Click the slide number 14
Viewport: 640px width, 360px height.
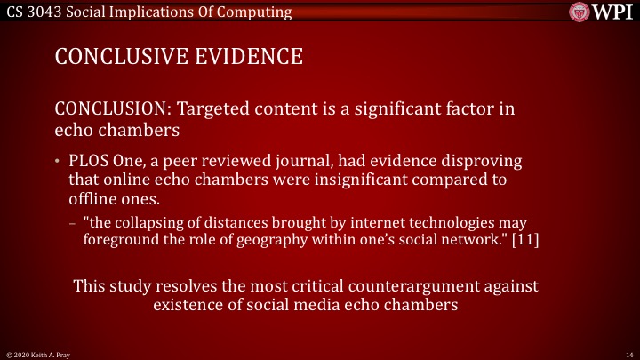click(x=628, y=354)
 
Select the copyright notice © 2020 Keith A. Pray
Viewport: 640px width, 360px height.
click(x=38, y=354)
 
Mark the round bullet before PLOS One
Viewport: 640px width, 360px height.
click(x=59, y=162)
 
